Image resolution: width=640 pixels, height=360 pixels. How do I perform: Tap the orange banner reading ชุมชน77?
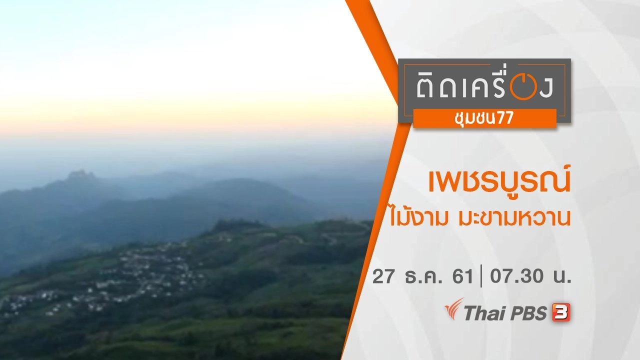pyautogui.click(x=484, y=118)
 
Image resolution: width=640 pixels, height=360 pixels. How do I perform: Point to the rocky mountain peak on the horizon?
pyautogui.click(x=81, y=175)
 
